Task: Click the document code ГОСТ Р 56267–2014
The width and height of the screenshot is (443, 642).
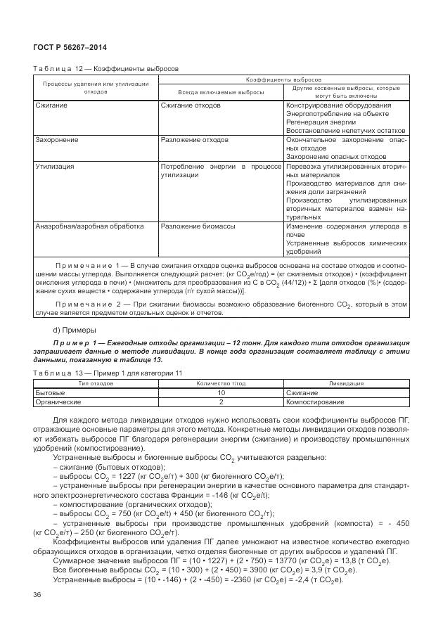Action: pyautogui.click(x=65, y=46)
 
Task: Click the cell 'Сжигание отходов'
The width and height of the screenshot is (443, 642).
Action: pyautogui.click(x=191, y=105)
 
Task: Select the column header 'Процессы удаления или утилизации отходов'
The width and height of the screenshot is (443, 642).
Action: pyautogui.click(x=96, y=88)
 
